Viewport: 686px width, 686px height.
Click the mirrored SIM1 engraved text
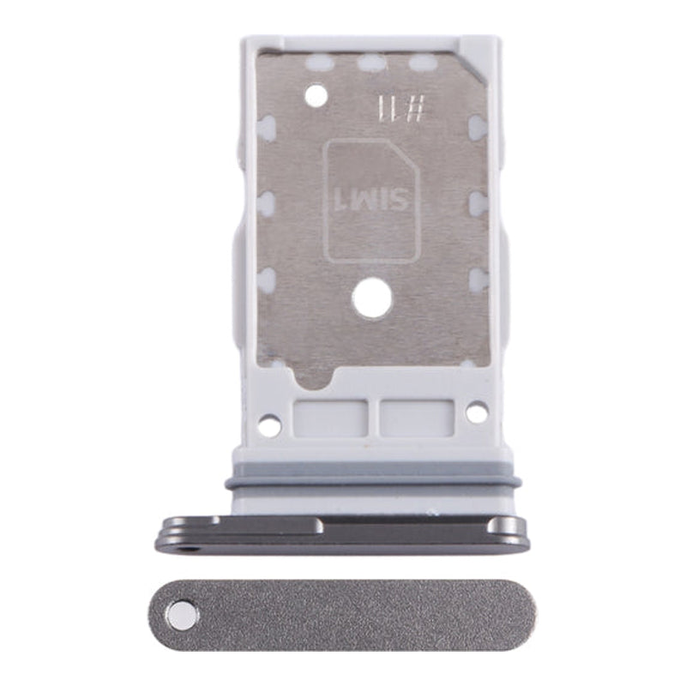(x=371, y=202)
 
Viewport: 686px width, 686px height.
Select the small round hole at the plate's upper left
(x=316, y=95)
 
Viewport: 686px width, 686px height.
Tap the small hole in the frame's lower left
(x=270, y=424)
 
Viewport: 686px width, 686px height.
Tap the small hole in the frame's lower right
(x=476, y=412)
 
